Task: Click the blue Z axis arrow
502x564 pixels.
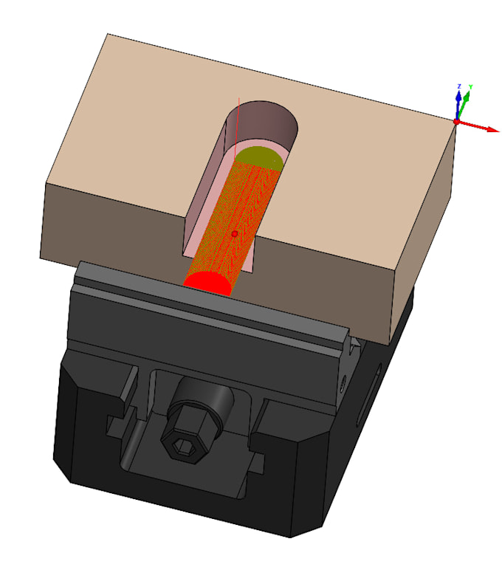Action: [x=458, y=105]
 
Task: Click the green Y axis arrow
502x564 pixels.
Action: [x=463, y=106]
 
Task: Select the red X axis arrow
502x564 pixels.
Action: [x=478, y=126]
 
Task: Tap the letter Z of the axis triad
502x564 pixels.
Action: [x=459, y=86]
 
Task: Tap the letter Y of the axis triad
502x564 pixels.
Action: [x=470, y=87]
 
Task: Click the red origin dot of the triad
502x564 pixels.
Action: [x=456, y=122]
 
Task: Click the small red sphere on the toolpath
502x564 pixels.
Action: [x=235, y=234]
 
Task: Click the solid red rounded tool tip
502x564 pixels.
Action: [x=208, y=283]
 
